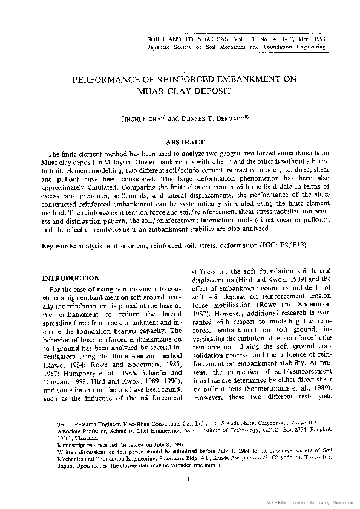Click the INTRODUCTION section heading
[x=70, y=278]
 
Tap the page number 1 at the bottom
[x=189, y=480]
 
